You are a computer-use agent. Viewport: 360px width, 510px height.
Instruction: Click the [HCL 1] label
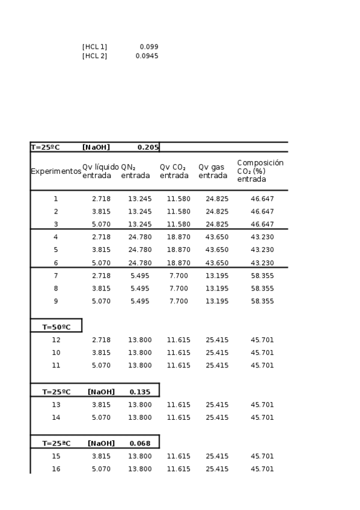point(94,46)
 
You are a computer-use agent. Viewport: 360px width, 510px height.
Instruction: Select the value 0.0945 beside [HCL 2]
point(147,56)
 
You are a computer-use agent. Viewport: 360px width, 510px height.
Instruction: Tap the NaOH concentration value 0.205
point(148,147)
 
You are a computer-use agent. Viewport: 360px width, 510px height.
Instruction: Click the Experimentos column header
point(56,171)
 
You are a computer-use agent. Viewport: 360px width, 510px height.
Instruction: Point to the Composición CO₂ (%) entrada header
point(260,171)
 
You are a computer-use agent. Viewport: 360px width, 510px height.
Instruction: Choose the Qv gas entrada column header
point(213,171)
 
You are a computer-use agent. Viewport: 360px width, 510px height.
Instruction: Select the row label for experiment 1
point(56,198)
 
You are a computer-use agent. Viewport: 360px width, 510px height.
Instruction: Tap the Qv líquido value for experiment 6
point(101,263)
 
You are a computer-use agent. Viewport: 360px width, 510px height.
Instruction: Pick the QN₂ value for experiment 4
point(139,237)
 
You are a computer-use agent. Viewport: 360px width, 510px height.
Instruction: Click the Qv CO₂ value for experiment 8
point(178,289)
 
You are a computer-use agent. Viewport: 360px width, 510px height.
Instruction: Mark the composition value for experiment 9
point(262,301)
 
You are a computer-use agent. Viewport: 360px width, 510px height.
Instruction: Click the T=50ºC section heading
point(56,327)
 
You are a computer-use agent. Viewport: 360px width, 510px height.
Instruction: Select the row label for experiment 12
point(56,340)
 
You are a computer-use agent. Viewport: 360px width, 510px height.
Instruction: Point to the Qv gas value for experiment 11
point(217,365)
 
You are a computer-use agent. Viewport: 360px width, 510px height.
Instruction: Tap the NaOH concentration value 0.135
point(140,392)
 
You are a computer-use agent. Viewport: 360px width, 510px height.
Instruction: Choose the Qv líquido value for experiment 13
point(101,405)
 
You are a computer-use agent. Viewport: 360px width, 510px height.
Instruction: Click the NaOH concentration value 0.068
point(140,444)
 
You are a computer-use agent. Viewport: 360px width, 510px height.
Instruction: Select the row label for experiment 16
point(56,469)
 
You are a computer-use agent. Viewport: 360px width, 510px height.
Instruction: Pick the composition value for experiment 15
point(262,456)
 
